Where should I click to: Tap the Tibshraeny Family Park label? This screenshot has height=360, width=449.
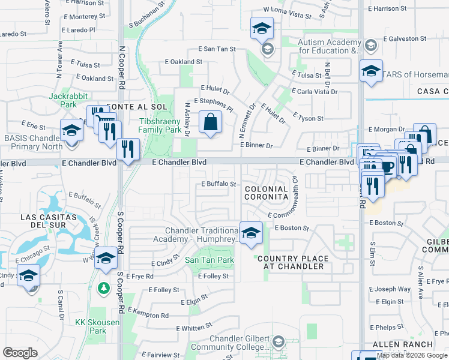[x=160, y=125]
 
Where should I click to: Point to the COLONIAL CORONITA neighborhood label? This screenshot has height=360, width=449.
[x=267, y=193]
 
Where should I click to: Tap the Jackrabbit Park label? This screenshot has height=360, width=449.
[x=65, y=100]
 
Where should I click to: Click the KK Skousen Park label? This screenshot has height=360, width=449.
[x=91, y=326]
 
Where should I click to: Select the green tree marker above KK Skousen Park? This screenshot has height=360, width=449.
[x=104, y=289]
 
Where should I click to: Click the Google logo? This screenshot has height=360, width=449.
[x=20, y=353]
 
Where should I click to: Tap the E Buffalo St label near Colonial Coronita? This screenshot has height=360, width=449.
[x=218, y=184]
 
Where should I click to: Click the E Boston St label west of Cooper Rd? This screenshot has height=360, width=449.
[x=293, y=228]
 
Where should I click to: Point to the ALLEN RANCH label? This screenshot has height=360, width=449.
[x=402, y=344]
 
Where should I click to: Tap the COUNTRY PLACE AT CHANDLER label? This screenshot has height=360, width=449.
[x=293, y=262]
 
